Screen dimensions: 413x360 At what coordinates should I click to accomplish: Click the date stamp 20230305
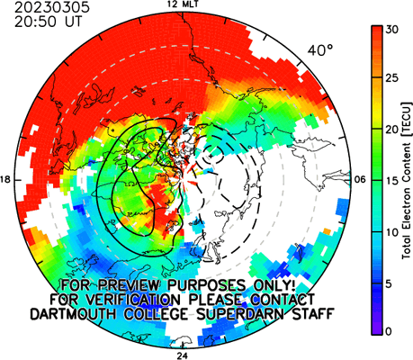[x=52, y=8]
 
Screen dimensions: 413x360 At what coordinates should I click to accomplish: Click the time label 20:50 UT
[x=48, y=22]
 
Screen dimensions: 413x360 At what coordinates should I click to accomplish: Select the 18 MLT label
[x=6, y=180]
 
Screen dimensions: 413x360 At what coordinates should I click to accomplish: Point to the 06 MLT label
[x=361, y=180]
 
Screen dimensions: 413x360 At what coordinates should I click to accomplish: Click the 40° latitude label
[x=320, y=50]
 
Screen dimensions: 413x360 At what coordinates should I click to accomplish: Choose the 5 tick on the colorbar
[x=390, y=283]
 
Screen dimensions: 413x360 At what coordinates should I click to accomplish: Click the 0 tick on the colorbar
[x=390, y=331]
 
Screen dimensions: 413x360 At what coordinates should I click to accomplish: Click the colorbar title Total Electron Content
[x=406, y=201]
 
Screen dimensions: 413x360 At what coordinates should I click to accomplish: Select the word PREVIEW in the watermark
[x=129, y=285]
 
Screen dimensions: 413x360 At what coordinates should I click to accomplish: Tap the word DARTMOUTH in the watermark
[x=74, y=314]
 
